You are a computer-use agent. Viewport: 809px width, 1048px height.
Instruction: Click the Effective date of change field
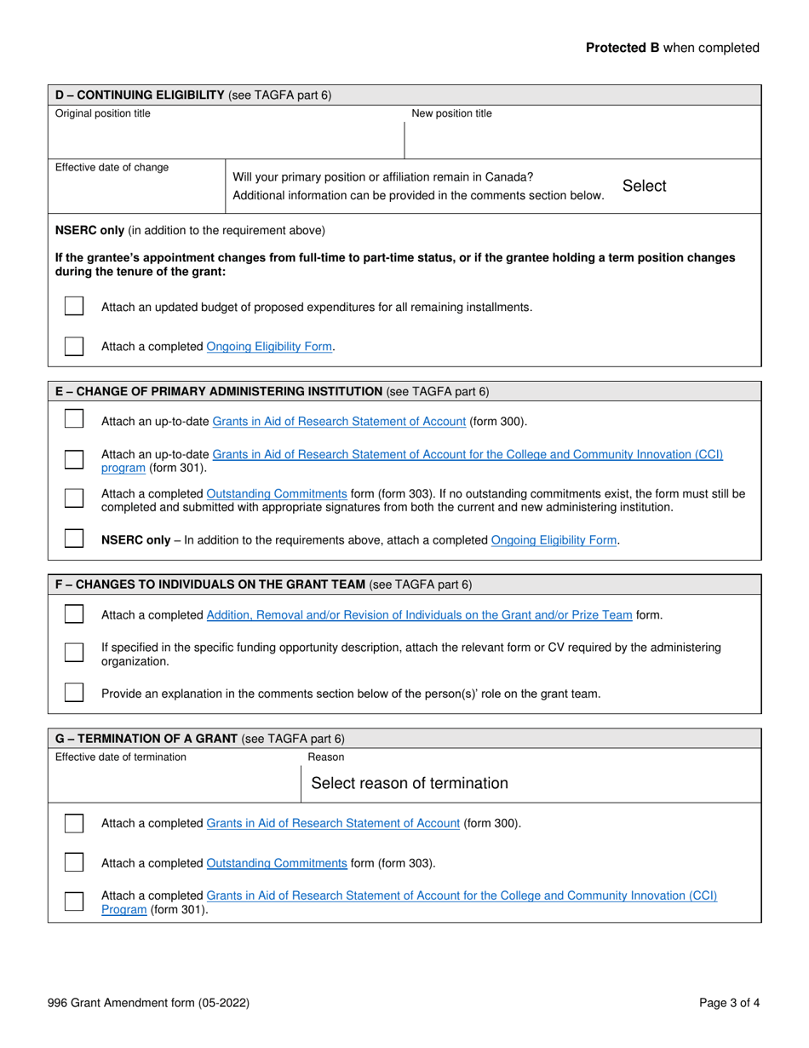pos(136,192)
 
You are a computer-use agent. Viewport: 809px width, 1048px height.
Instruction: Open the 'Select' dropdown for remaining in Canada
pos(645,186)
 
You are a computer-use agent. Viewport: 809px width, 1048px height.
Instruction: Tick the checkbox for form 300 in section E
pos(75,420)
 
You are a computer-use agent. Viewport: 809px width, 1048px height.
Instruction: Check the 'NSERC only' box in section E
pos(75,539)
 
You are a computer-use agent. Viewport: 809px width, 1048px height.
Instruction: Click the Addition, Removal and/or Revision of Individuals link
pos(420,615)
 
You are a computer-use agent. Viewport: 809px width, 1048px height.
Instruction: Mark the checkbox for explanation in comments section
pos(75,693)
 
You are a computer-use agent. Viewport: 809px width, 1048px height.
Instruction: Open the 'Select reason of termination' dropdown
pos(410,783)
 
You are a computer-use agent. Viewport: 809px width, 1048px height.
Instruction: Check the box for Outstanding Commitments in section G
pos(75,863)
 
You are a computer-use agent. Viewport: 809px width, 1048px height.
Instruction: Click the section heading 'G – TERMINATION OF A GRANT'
pos(146,739)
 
